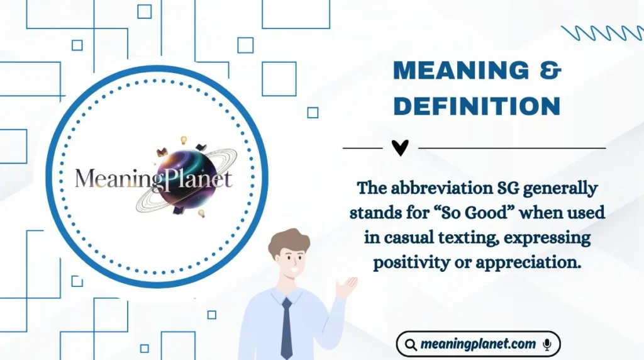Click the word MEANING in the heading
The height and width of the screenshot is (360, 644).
point(461,70)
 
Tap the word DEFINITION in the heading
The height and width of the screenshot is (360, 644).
point(477,106)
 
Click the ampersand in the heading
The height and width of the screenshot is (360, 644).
point(550,70)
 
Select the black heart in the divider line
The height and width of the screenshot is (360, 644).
point(400,148)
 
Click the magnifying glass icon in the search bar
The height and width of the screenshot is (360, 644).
point(411,344)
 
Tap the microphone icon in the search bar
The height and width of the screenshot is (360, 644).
point(547,344)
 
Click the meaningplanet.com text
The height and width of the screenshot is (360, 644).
point(478,344)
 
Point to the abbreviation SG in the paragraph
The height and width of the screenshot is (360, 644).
point(508,188)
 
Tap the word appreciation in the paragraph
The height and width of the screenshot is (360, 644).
point(528,262)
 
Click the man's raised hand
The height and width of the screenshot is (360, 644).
point(347,287)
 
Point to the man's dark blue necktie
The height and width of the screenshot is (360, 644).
point(287,329)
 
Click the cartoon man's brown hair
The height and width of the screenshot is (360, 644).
point(289,241)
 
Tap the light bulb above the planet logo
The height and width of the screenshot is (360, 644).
point(184,140)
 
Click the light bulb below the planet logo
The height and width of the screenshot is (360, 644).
point(201,213)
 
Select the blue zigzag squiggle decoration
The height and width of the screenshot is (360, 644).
point(602,33)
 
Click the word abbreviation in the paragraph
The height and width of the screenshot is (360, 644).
point(441,188)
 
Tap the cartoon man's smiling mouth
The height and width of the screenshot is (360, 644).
point(294,271)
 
